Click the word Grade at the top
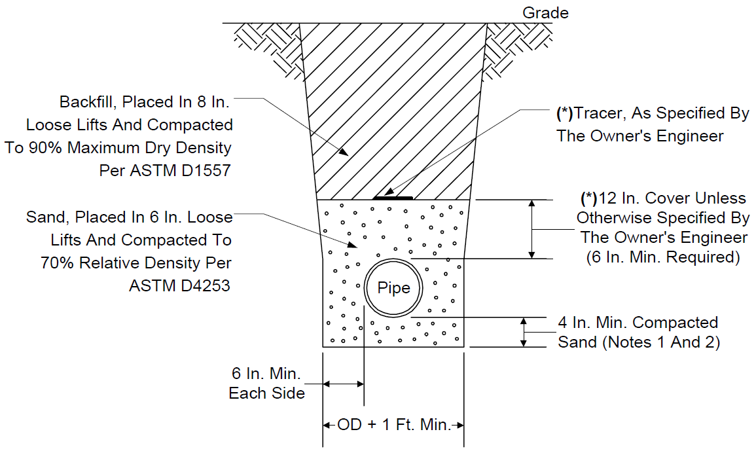(x=545, y=12)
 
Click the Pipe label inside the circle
(x=393, y=288)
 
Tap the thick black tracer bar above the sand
(x=393, y=198)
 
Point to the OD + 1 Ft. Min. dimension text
(x=393, y=425)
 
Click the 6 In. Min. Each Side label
(x=266, y=383)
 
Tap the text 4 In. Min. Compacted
(x=638, y=322)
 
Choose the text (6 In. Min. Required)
(x=663, y=257)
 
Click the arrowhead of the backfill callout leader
(x=343, y=152)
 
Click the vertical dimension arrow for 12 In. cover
(x=531, y=229)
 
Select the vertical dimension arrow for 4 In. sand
(x=524, y=332)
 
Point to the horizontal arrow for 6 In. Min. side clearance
(x=343, y=384)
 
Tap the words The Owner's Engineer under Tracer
(x=639, y=136)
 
